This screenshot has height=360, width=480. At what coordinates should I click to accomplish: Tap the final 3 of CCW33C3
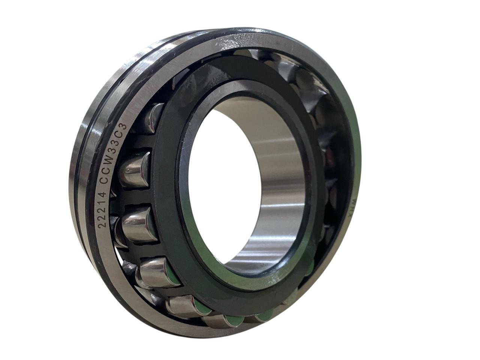click(x=123, y=127)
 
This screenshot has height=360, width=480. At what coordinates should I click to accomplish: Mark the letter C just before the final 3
click(x=120, y=134)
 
